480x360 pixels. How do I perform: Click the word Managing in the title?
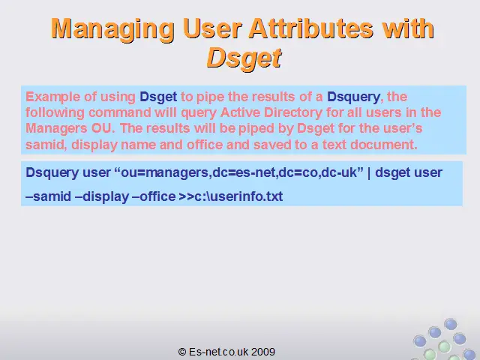pos(112,29)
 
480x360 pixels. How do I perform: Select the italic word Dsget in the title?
pos(244,58)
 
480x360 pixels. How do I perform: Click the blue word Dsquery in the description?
pos(353,97)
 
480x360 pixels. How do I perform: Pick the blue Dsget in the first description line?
pos(158,97)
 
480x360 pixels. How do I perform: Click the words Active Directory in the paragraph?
pos(271,112)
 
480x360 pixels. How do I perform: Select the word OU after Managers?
pos(103,128)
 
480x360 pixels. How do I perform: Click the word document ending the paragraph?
pos(384,145)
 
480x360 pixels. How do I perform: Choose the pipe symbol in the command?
pos(369,173)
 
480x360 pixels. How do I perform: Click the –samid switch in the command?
pos(48,196)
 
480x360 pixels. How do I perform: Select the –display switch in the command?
pos(102,196)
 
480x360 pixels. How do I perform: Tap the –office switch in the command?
pos(154,196)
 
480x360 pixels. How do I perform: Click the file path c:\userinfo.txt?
pos(238,196)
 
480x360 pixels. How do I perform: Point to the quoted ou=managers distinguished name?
pos(238,172)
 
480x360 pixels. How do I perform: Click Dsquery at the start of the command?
pos(52,173)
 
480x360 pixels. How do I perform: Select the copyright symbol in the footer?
pos(181,352)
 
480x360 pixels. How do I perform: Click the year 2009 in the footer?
pos(263,352)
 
